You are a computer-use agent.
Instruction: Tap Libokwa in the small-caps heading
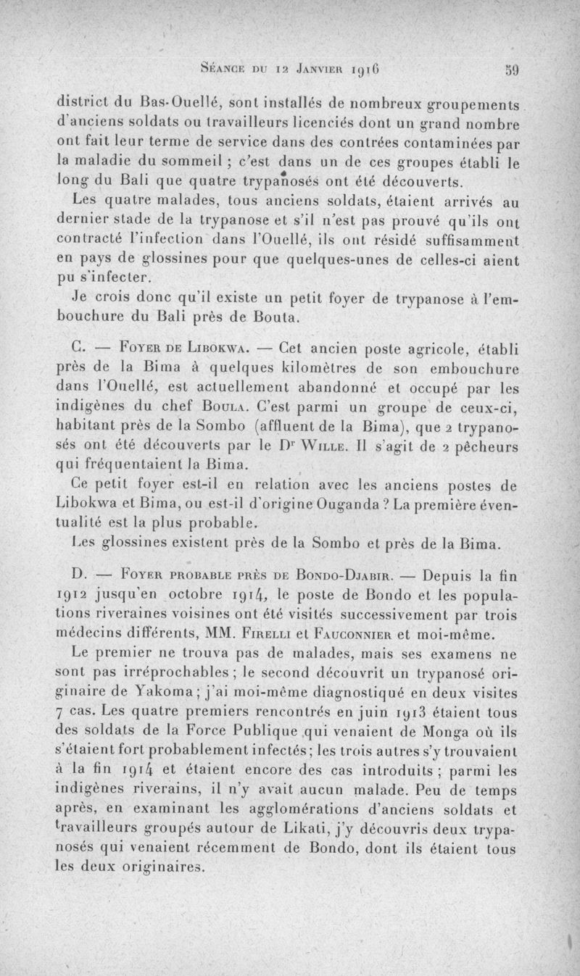tap(220, 343)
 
